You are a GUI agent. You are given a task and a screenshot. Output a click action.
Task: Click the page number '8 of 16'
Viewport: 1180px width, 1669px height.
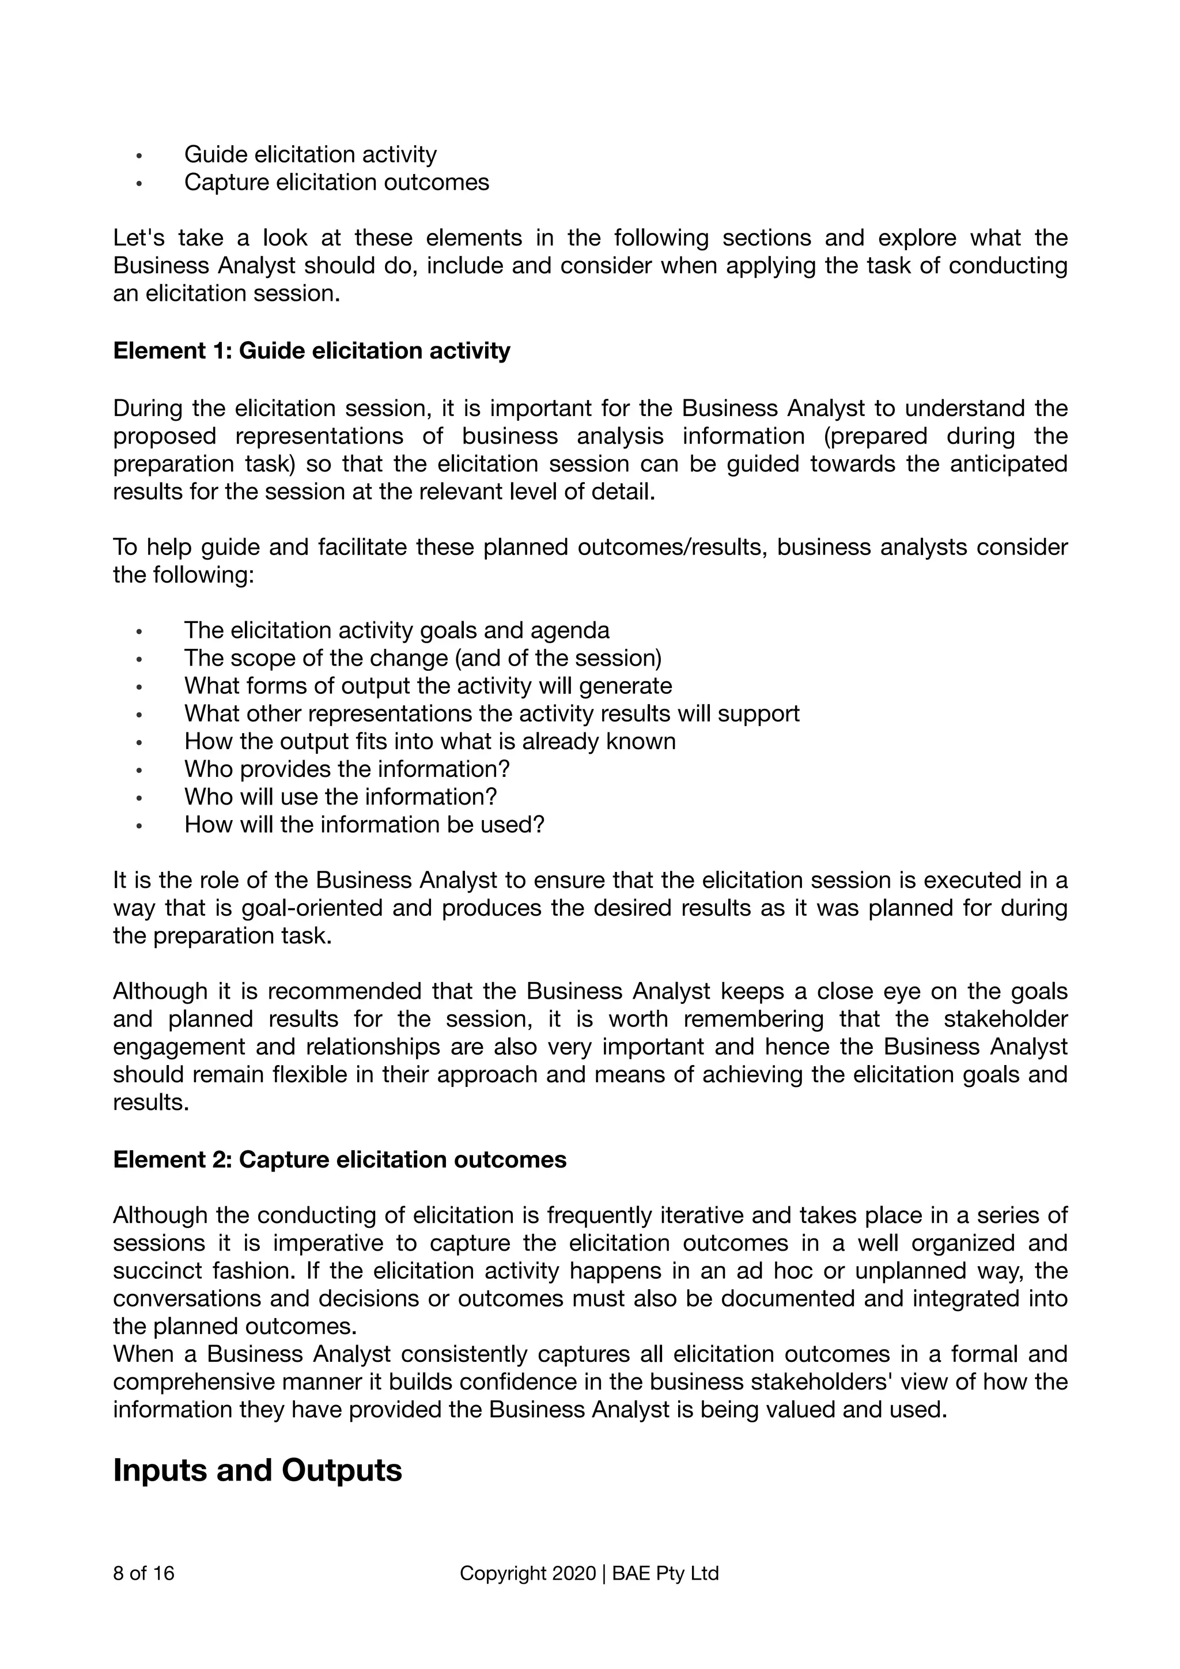coord(144,1574)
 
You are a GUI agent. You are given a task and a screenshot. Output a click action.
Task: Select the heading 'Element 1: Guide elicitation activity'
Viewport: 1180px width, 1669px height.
coord(312,351)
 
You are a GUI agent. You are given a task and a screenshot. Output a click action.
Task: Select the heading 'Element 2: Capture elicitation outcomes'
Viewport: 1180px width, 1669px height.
coord(339,1160)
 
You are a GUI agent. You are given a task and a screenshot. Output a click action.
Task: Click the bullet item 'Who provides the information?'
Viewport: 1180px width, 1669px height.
coord(347,769)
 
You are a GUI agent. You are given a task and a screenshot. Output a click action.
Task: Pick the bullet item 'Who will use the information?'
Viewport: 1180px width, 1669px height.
coord(340,796)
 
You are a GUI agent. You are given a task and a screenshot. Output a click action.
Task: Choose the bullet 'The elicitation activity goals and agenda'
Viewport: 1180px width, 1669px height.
coord(397,630)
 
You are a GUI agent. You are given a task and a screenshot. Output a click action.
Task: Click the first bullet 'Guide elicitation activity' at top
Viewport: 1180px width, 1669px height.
coord(310,155)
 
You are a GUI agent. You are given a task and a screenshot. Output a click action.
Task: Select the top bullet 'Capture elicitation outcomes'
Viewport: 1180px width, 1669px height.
coord(336,183)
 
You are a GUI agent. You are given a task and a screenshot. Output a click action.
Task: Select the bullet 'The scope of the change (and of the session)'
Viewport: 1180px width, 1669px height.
coord(423,658)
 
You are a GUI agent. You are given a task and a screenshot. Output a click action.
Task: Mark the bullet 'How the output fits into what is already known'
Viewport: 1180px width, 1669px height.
coord(429,742)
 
